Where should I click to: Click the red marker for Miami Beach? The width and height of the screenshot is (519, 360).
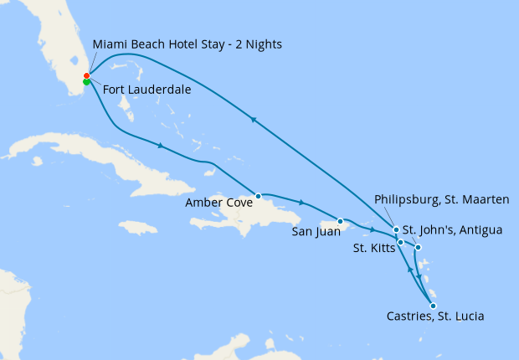pos(87,75)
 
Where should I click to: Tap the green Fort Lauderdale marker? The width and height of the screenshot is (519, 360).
pos(87,82)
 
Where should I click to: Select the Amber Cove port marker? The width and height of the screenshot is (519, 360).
pos(259,196)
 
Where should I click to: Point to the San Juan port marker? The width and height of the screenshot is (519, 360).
pos(341,221)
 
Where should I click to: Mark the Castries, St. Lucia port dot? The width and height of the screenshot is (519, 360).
pos(433,306)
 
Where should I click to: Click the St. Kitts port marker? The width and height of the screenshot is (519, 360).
pos(401,243)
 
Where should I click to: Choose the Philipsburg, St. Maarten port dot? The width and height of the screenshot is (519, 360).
pos(396,229)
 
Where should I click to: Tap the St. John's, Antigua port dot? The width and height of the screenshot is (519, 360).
pos(419,248)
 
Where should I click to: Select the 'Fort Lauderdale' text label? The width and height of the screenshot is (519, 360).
pos(147,90)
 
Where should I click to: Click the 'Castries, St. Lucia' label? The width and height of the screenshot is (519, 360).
pos(436,316)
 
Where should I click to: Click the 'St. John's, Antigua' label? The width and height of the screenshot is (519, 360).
pos(452,229)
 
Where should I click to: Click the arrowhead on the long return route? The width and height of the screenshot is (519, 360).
pos(253,120)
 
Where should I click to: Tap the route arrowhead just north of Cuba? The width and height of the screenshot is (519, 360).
pos(159,146)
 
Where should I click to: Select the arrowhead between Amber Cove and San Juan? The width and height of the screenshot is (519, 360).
pos(301,203)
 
